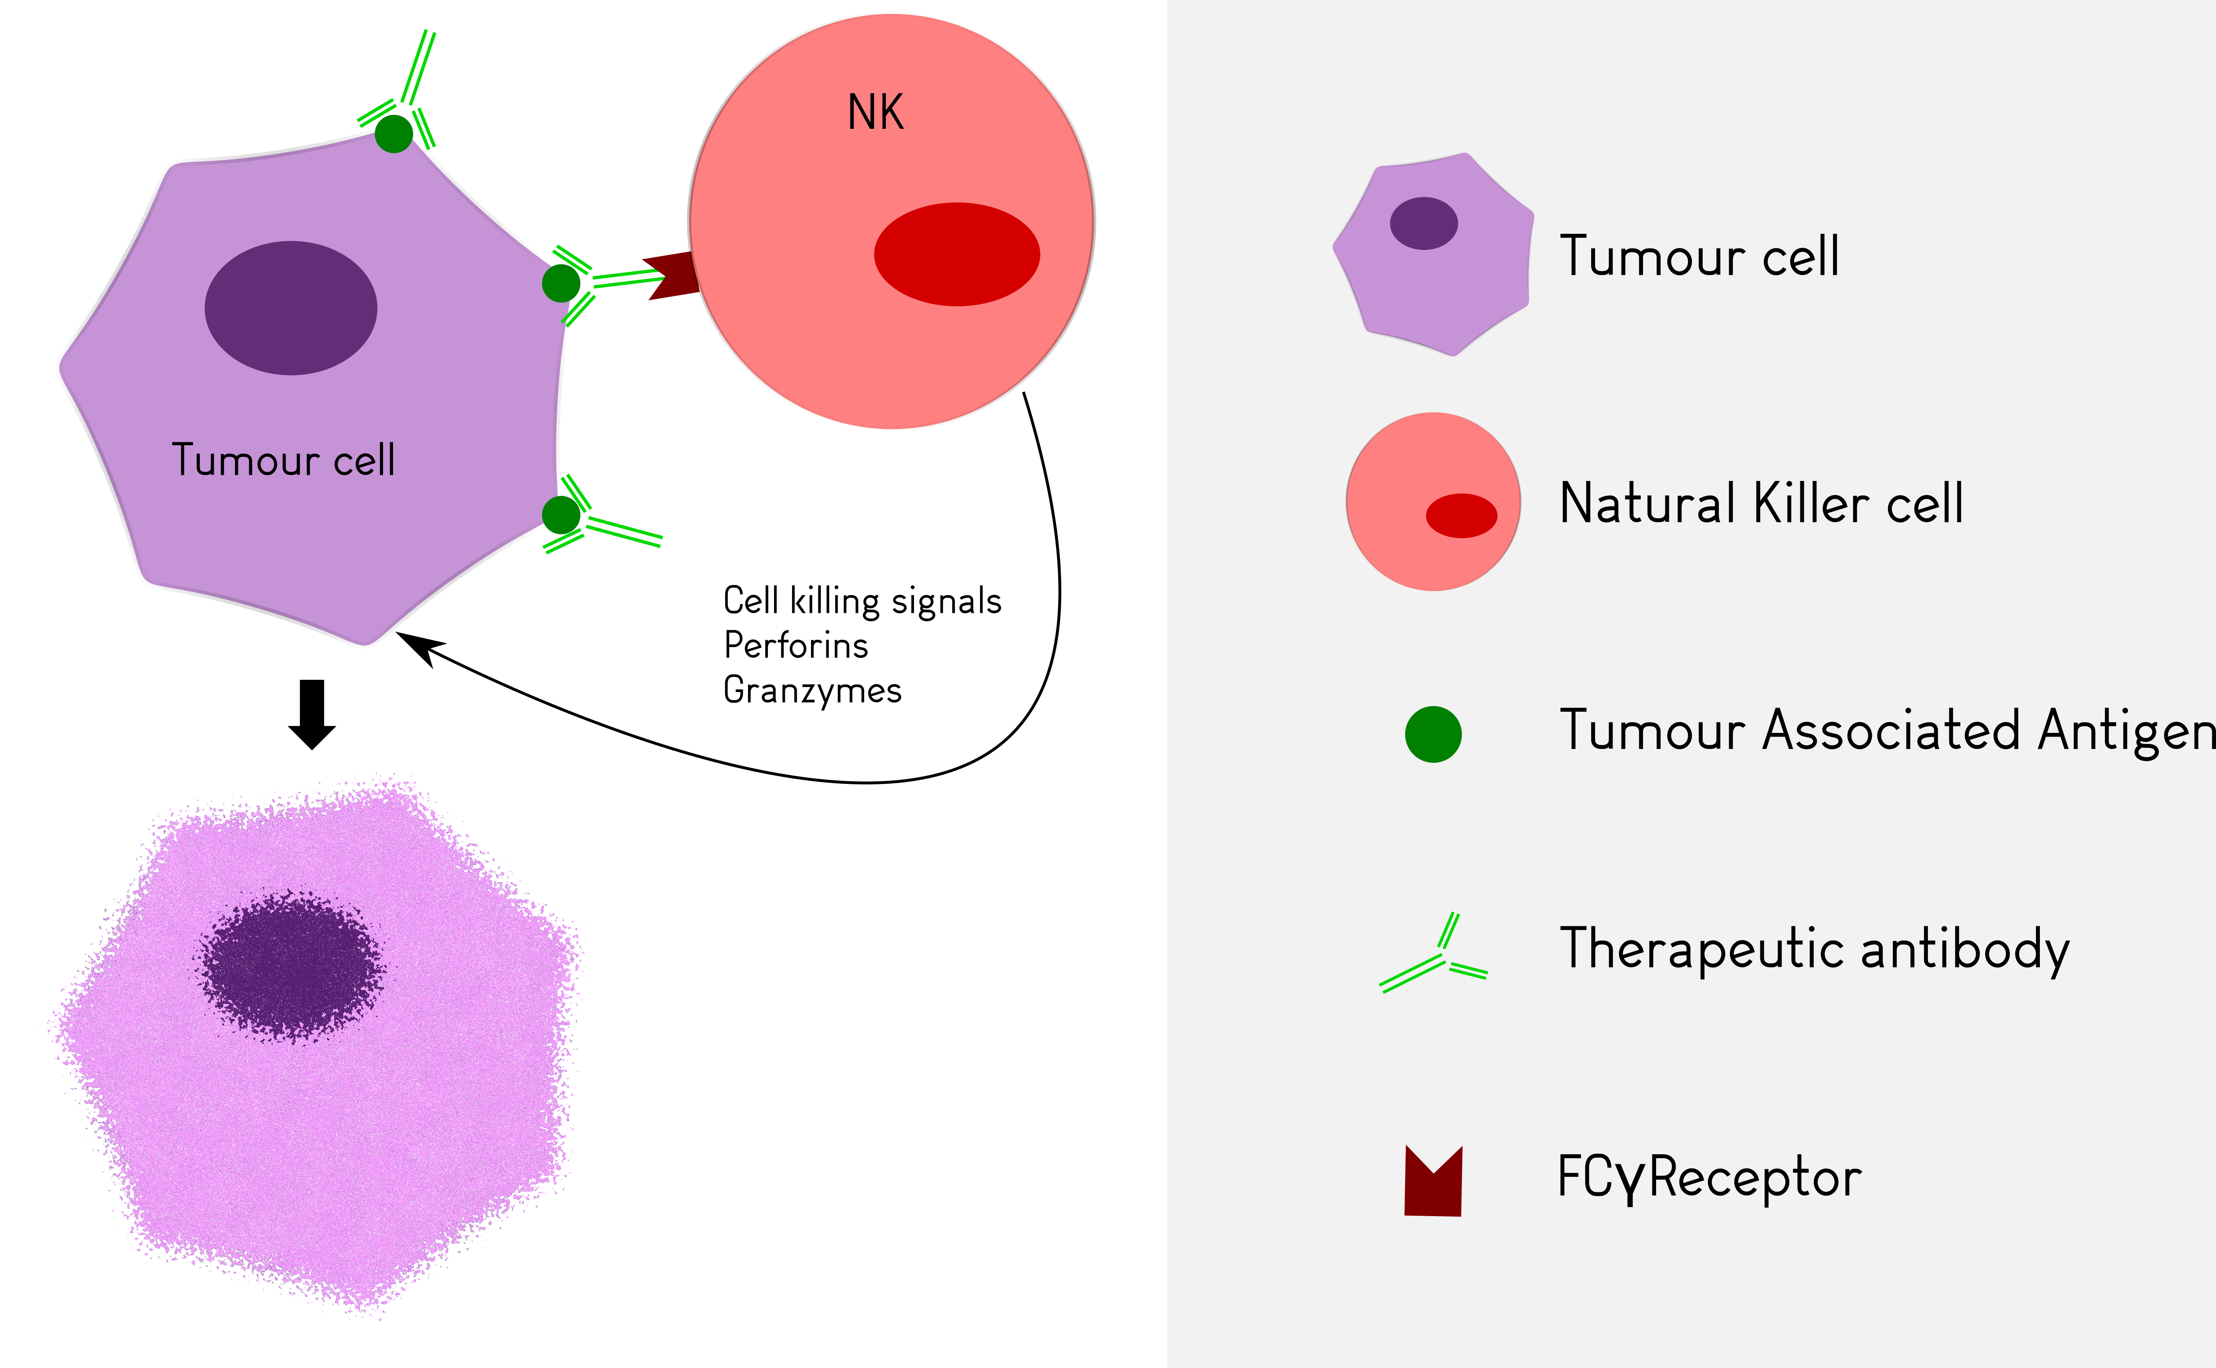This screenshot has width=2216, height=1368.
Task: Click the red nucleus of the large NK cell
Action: coord(956,254)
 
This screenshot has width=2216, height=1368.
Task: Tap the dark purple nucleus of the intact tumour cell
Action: coord(290,308)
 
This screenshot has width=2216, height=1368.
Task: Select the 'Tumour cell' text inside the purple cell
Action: coord(283,459)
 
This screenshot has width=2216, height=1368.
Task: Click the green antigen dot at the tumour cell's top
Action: coord(394,134)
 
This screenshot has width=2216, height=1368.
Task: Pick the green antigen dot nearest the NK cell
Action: coord(561,283)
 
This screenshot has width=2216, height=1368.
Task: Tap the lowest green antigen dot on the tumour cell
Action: coord(561,515)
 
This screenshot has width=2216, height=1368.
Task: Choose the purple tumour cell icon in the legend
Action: coord(1433,254)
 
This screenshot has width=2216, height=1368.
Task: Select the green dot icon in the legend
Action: coord(1433,734)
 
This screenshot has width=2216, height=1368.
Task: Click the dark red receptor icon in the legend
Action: coord(1433,1182)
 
